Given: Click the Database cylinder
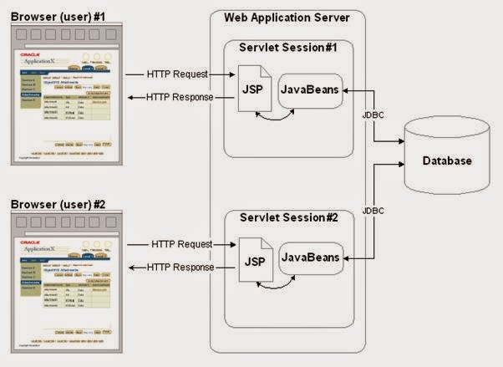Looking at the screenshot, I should pos(446,160).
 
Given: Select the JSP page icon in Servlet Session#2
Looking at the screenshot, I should pos(254,260).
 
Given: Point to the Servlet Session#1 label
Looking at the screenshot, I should pos(289,48).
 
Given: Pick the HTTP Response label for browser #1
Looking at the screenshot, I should pos(180,98).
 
